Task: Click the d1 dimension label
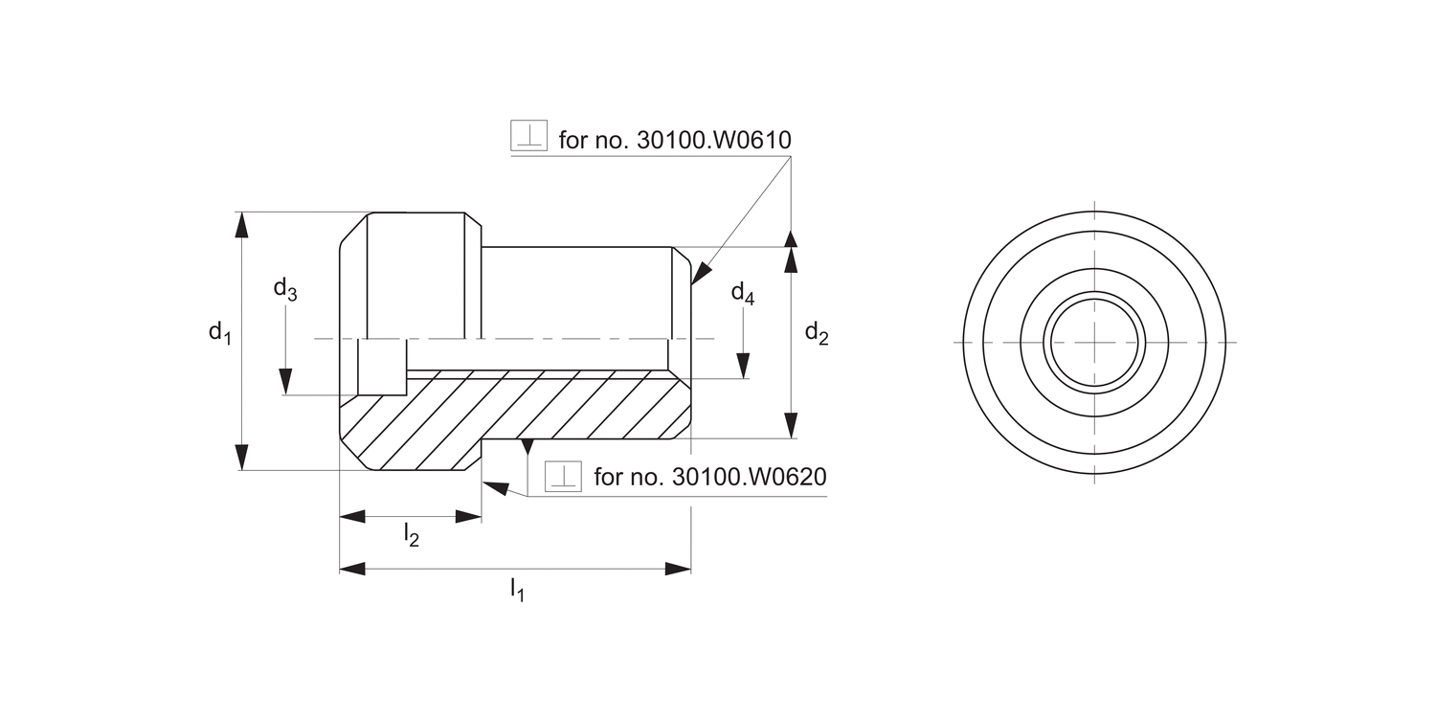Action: pyautogui.click(x=220, y=333)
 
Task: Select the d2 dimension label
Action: pyautogui.click(x=816, y=333)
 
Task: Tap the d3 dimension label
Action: pyautogui.click(x=284, y=289)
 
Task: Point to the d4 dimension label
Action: pyautogui.click(x=743, y=293)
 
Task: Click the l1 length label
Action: pyautogui.click(x=517, y=589)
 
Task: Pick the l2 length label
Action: pyautogui.click(x=411, y=535)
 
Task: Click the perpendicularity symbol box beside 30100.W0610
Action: pyautogui.click(x=528, y=136)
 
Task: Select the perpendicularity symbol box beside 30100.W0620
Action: pyautogui.click(x=563, y=476)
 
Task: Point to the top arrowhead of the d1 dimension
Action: pyautogui.click(x=242, y=225)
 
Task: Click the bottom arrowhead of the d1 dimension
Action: pyautogui.click(x=242, y=458)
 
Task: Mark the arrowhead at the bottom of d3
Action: pyautogui.click(x=285, y=382)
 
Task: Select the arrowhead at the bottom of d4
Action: pyautogui.click(x=743, y=366)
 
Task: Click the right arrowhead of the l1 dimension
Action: pyautogui.click(x=679, y=569)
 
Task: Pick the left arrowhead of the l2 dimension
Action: pyautogui.click(x=352, y=516)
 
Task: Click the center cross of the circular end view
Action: pyautogui.click(x=1094, y=342)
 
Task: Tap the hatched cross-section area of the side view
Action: pyautogui.click(x=517, y=412)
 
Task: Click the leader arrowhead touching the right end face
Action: pyautogui.click(x=698, y=274)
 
